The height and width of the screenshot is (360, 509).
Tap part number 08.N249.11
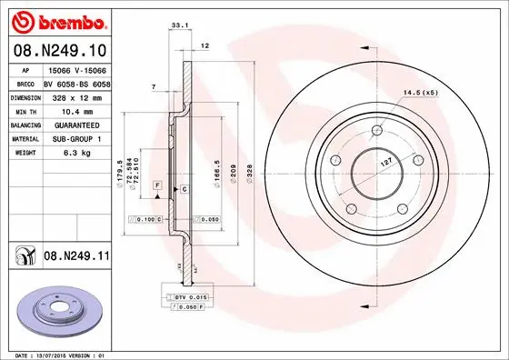pyautogui.click(x=75, y=257)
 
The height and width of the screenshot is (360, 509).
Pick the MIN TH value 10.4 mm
pyautogui.click(x=67, y=109)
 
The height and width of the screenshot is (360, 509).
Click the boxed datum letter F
pyautogui.click(x=157, y=185)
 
